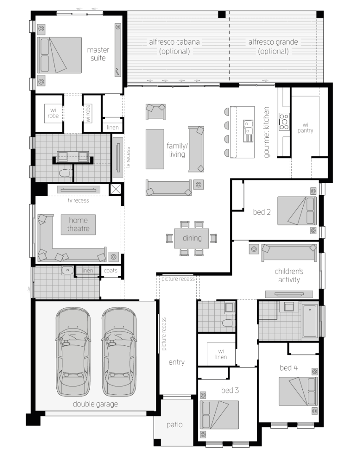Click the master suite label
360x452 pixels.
pos(98,54)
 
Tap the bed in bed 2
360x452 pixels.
pos(297,211)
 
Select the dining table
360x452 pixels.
pos(192,238)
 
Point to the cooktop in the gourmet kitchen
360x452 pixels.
pos(284,121)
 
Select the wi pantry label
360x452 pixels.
pos(305,127)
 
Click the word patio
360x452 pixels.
pos(174,425)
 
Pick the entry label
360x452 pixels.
pos(176,362)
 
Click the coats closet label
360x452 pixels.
pos(110,270)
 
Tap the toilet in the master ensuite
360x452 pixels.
pos(66,173)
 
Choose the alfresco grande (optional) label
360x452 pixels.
pos(273,46)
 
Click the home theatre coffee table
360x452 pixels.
pos(78,225)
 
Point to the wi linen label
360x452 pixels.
pos(221,354)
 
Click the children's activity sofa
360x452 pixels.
pos(289,253)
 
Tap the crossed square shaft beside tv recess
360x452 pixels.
pos(116,190)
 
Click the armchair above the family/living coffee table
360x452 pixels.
pos(155,112)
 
